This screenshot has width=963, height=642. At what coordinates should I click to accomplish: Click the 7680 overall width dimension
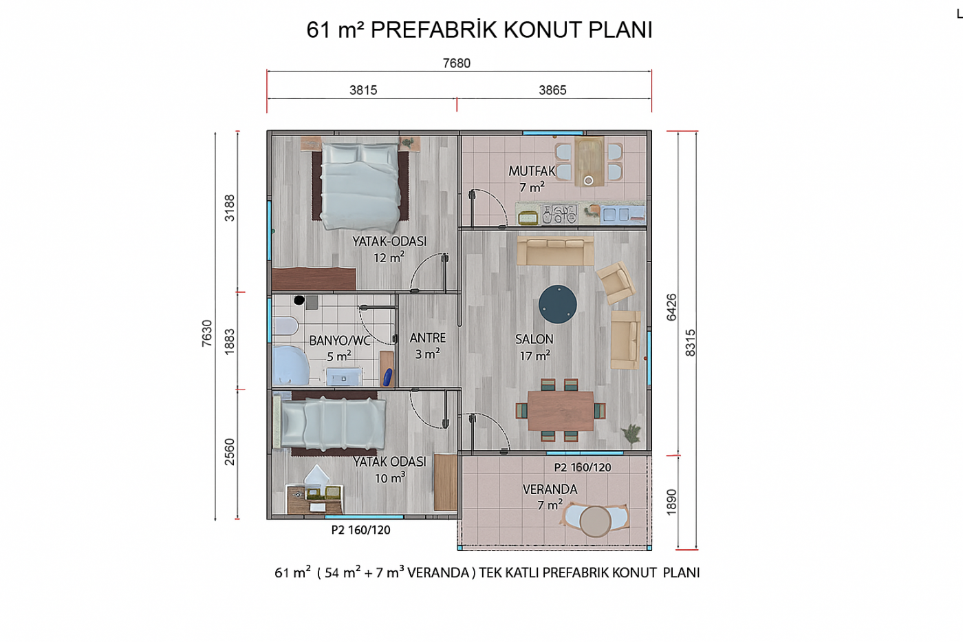click(x=457, y=63)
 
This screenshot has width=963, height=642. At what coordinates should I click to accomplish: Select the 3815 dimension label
click(x=363, y=90)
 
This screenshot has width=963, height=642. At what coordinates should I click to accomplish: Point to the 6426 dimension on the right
click(x=671, y=308)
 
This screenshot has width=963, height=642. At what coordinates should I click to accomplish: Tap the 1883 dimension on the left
click(x=230, y=341)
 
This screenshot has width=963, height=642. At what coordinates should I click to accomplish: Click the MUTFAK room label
click(x=532, y=171)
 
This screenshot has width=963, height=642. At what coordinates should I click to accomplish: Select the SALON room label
click(x=534, y=339)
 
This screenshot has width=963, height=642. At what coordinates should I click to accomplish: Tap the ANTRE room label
click(x=428, y=338)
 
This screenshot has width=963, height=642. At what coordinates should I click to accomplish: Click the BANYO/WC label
click(x=340, y=341)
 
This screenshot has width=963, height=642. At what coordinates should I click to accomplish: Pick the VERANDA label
click(x=550, y=489)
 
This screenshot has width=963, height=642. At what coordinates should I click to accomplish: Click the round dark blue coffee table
click(x=558, y=304)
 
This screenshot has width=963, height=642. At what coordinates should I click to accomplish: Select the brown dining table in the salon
click(x=561, y=411)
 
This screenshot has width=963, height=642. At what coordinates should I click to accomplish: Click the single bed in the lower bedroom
click(x=329, y=423)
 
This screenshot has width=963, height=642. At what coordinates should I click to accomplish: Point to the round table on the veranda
click(x=596, y=521)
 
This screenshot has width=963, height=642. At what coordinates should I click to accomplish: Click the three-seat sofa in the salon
click(x=556, y=250)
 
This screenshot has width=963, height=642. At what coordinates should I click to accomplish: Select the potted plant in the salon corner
click(x=631, y=433)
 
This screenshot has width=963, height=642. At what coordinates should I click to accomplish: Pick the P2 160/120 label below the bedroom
click(x=360, y=531)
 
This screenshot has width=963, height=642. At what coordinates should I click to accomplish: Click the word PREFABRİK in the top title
click(x=433, y=30)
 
